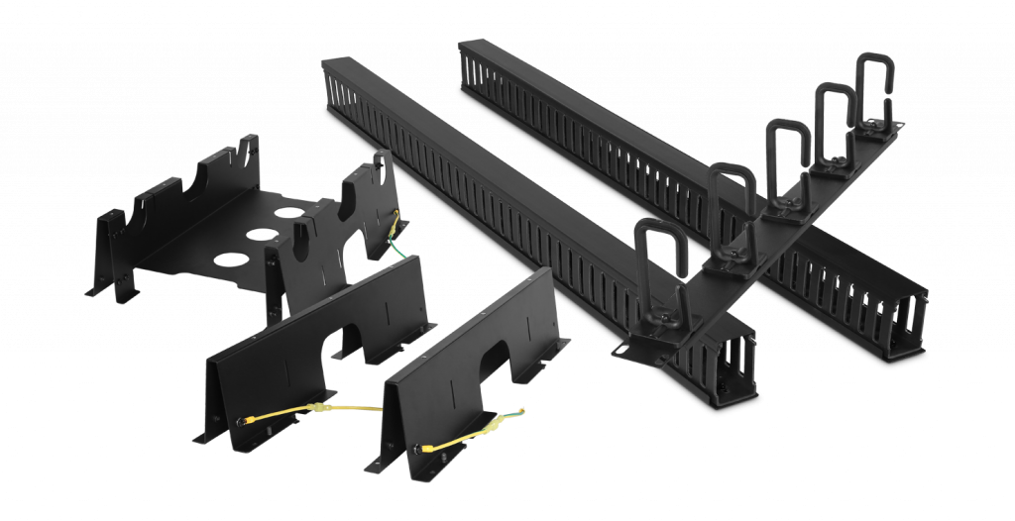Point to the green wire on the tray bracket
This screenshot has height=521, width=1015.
pyautogui.click(x=396, y=238)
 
